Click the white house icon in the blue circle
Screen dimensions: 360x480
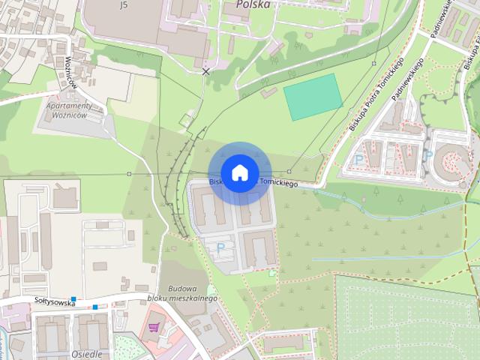[x=239, y=173]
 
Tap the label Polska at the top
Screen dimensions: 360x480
[x=253, y=4]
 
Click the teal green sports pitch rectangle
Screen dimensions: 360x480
[x=313, y=97]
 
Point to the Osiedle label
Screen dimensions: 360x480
[x=86, y=354]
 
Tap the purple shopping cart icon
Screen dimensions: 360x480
[x=154, y=327]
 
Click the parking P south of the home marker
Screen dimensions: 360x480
[x=220, y=246]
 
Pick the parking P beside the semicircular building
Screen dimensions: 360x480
[x=428, y=156]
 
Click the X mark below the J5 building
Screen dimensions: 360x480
[x=206, y=71]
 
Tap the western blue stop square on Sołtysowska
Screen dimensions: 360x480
[x=73, y=299]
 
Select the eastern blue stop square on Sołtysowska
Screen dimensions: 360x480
[x=96, y=307]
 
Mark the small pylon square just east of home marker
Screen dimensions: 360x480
[x=289, y=172]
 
